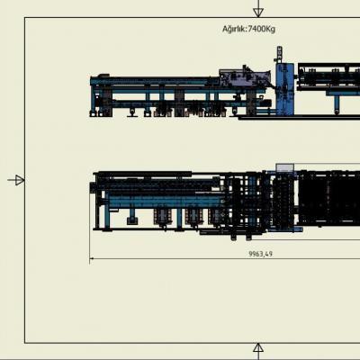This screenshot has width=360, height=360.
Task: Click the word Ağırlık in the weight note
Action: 234,29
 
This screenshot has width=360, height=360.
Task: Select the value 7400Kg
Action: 262,29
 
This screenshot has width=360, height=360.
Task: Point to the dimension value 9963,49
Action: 261,254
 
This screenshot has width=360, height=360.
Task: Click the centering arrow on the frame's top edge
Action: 258,8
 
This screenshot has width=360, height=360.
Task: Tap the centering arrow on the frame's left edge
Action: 16,180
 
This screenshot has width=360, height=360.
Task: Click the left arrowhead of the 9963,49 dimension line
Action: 91,258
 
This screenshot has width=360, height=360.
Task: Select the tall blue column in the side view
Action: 285,89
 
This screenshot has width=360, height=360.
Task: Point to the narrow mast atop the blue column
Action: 279,55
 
